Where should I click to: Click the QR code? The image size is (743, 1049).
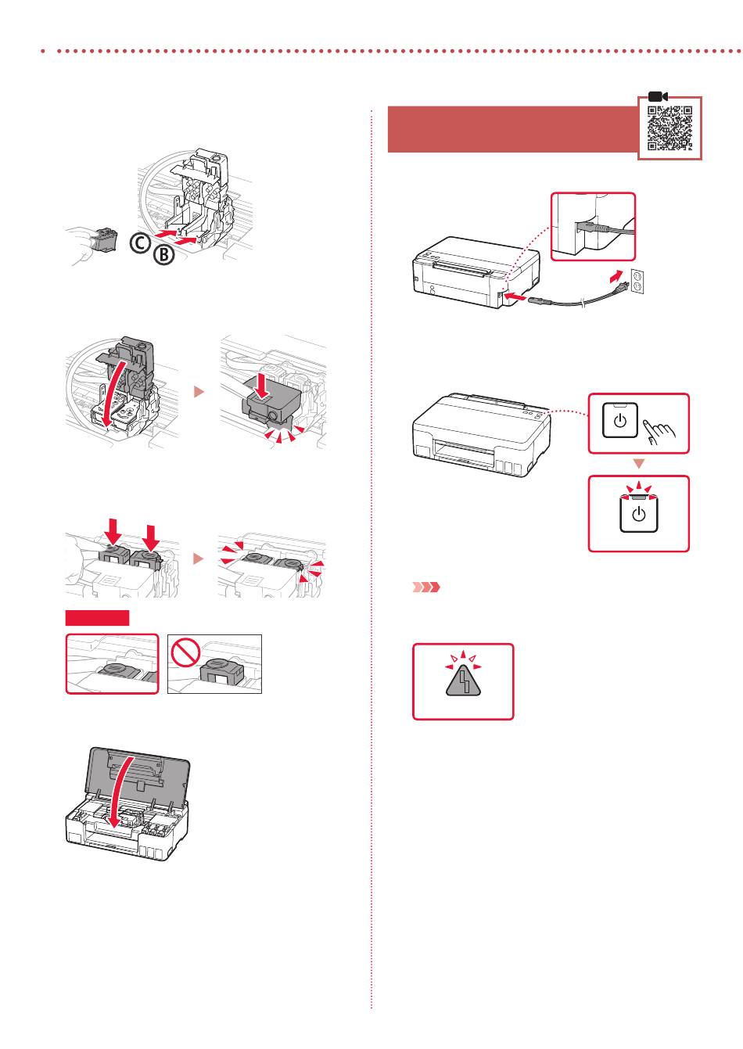670,128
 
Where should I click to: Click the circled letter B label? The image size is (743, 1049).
163,255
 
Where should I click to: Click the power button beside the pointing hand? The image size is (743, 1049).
620,422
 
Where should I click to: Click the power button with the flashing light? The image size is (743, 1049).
638,514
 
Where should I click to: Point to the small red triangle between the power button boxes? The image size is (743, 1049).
638,465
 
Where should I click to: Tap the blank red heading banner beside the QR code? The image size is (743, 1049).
512,130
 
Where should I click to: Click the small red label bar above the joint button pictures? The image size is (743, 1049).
97,619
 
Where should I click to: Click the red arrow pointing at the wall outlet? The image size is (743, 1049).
618,278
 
